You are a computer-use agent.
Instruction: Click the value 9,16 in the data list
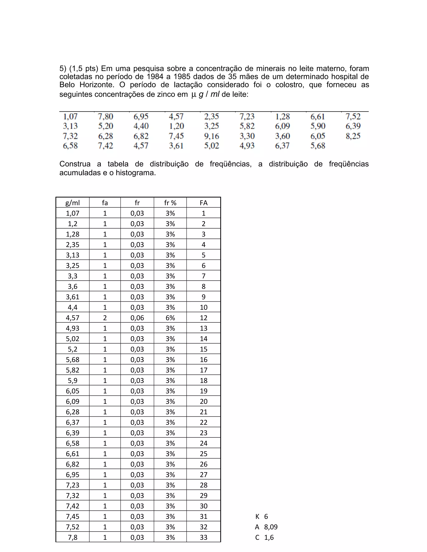(x=211, y=136)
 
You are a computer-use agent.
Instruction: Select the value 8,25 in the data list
(x=353, y=136)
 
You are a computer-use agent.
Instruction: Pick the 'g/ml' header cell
(x=72, y=203)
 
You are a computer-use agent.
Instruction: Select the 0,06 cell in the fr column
(x=137, y=318)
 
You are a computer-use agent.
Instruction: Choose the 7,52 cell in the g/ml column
(x=72, y=527)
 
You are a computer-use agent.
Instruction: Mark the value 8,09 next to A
(x=271, y=527)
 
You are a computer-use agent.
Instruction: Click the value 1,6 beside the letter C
(x=269, y=537)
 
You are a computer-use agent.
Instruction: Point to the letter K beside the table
(x=257, y=517)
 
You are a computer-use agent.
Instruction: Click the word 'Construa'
(x=75, y=164)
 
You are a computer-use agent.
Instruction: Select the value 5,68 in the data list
(x=318, y=146)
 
